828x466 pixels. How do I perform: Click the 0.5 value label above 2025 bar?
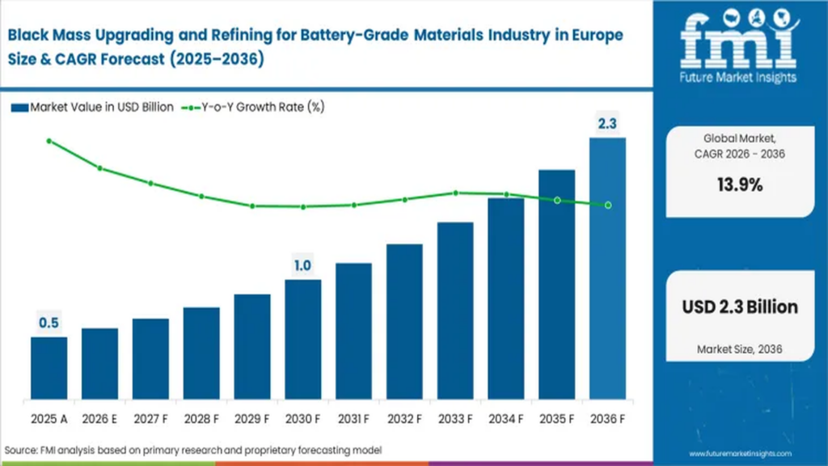pyautogui.click(x=49, y=323)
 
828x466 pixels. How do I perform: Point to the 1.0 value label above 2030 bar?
pyautogui.click(x=302, y=265)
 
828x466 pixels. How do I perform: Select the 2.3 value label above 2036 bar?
pyautogui.click(x=607, y=124)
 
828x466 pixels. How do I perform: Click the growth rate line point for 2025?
pyautogui.click(x=49, y=141)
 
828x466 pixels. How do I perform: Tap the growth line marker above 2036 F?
pyautogui.click(x=607, y=205)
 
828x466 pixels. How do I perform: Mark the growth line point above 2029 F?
pyautogui.click(x=252, y=205)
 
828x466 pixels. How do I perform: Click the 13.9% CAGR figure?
pyautogui.click(x=740, y=184)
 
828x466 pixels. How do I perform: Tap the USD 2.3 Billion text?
pyautogui.click(x=740, y=307)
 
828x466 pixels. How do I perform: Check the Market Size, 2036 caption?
pyautogui.click(x=740, y=349)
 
